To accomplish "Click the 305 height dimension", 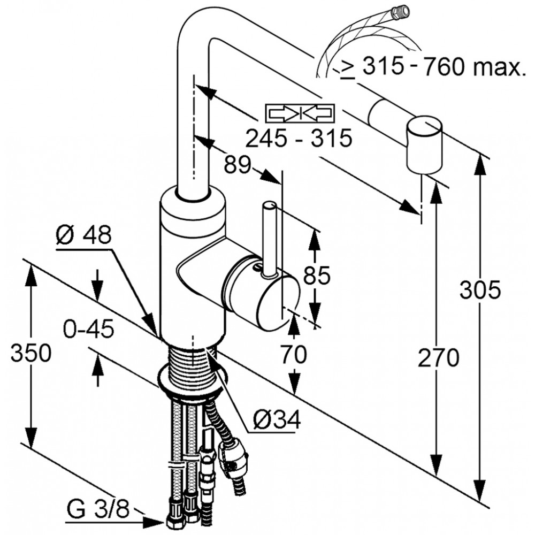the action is click(480, 291).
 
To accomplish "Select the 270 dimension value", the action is click(439, 357).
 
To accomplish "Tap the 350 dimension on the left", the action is click(31, 353).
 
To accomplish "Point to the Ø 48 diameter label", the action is click(84, 235).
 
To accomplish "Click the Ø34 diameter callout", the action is click(277, 419).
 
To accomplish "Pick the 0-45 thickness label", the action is click(88, 330).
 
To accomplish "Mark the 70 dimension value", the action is click(294, 354).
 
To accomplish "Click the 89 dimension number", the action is click(238, 165).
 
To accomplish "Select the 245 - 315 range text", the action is click(299, 138).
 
